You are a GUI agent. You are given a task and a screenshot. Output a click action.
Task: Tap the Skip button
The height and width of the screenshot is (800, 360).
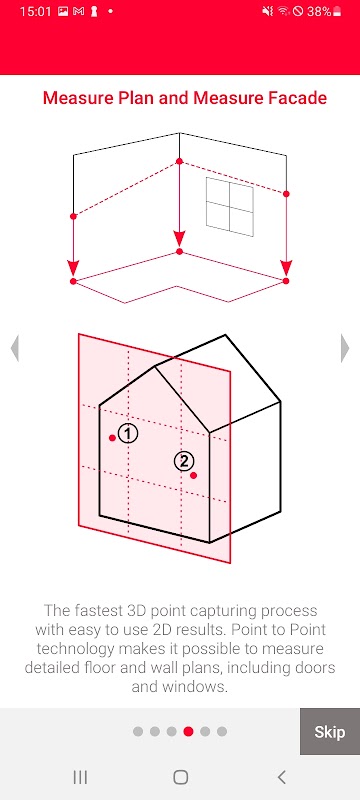(329, 732)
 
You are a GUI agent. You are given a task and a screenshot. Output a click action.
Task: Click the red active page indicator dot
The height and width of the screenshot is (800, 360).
(188, 732)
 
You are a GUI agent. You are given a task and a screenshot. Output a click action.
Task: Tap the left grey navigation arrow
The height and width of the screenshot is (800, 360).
(15, 348)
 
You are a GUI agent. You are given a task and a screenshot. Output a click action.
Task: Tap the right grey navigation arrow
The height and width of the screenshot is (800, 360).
(345, 348)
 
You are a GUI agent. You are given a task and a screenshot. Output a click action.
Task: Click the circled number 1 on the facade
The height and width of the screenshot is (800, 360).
(128, 434)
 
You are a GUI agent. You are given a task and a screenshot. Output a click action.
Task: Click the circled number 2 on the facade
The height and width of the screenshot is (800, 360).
(184, 461)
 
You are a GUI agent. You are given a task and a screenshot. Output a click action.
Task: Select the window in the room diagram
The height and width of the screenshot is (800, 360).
(229, 207)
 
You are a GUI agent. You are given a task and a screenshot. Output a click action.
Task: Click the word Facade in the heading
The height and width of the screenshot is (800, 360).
(298, 98)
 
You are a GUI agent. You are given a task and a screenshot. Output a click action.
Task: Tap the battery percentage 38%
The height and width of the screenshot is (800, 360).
(319, 12)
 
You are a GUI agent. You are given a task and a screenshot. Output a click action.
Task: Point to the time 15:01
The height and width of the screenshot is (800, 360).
(36, 12)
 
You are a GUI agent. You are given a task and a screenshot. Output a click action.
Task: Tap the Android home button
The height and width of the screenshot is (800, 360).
(181, 777)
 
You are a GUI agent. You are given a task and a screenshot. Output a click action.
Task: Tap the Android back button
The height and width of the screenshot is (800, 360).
(281, 777)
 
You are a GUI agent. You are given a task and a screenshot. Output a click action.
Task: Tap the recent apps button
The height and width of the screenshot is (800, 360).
(80, 777)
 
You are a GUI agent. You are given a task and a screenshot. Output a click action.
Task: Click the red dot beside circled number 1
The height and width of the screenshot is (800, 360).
(112, 438)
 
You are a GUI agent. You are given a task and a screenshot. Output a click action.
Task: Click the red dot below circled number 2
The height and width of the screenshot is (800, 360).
(193, 476)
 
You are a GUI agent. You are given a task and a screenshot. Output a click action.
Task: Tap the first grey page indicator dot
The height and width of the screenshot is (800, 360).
(138, 732)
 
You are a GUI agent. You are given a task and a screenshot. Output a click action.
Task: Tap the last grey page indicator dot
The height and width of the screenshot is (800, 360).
(222, 732)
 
